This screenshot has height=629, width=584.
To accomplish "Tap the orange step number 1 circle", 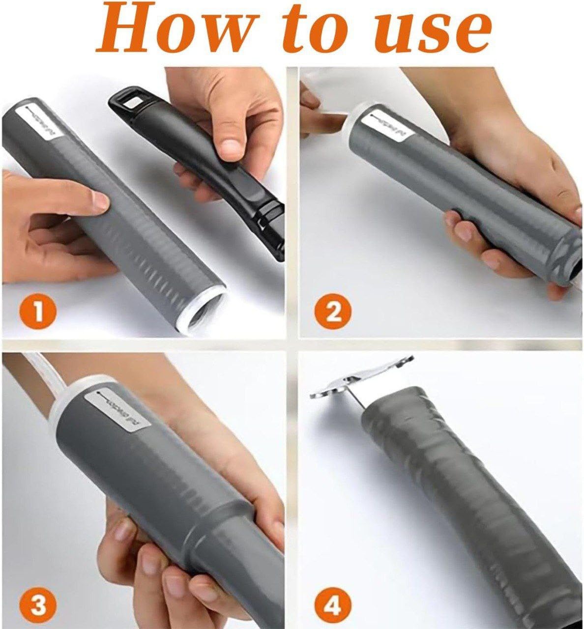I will [x=38, y=311].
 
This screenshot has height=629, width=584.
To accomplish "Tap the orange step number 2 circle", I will [x=333, y=311].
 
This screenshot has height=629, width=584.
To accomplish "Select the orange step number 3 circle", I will [x=38, y=604].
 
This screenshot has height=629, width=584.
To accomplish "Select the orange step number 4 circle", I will [x=333, y=604].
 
